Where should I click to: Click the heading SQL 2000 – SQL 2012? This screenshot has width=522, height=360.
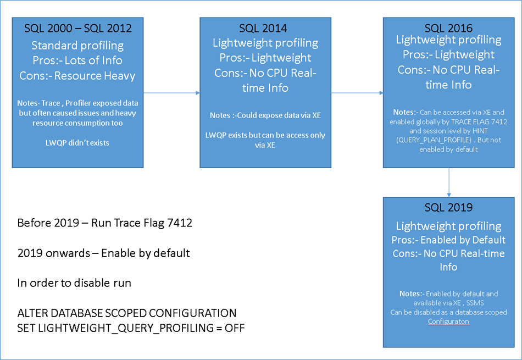pos(78,28)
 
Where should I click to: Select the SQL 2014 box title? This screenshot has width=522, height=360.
pos(263,28)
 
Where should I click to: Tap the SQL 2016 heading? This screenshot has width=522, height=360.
pos(448,28)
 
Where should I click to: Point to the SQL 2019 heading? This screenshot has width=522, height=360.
pos(448,207)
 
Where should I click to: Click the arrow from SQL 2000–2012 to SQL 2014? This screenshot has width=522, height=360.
pos(171,92)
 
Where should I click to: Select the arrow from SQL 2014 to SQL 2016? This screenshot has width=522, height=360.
pos(357,92)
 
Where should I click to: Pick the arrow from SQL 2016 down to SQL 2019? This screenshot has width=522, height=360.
pos(449,182)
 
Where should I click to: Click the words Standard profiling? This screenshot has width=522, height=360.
pos(77,45)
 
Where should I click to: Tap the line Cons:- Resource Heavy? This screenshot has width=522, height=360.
pos(77,76)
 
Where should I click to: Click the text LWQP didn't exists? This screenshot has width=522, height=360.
pos(77,143)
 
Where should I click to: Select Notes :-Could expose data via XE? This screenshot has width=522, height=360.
pos(265,115)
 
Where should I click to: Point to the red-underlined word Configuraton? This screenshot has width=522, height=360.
pos(448,322)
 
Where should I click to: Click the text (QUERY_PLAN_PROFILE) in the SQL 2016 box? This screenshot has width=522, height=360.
pos(434,140)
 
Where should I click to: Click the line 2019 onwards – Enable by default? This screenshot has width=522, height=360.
pos(103,253)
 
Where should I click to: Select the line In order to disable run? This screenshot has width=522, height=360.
pos(74,283)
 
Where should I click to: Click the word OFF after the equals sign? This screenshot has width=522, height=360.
pos(235,328)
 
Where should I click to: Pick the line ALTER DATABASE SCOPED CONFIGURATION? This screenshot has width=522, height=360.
pos(127,313)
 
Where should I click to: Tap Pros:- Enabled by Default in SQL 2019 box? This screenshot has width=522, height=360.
pos(448,240)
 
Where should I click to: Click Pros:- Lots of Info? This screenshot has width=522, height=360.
pos(77,60)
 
